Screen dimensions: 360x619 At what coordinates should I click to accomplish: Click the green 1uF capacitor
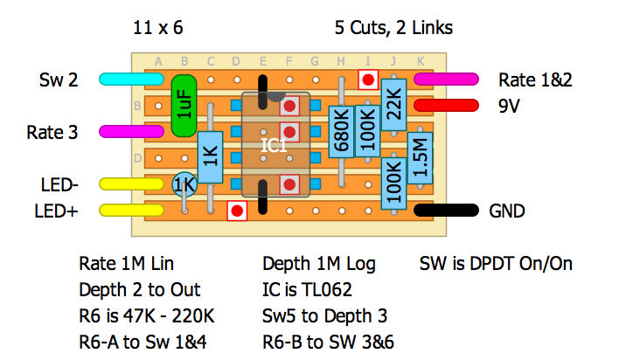point(184,108)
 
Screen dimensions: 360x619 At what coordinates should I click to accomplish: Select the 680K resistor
point(341,136)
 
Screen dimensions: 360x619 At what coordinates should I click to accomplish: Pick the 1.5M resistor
point(420,158)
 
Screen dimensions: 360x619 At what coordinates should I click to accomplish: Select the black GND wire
point(446,211)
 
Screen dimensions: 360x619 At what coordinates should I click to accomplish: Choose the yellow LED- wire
point(131,184)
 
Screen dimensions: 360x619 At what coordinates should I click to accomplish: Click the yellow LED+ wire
point(131,211)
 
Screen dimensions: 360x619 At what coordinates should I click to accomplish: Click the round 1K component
point(184,184)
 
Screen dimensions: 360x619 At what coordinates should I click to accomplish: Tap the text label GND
point(507,211)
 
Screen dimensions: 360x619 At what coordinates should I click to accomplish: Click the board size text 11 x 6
point(158,28)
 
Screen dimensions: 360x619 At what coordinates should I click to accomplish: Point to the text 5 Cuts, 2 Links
point(393,28)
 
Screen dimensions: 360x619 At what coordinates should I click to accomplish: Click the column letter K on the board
point(421,61)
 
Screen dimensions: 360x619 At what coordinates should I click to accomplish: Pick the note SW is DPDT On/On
point(497,263)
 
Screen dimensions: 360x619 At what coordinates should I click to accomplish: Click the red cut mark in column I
point(369,80)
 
